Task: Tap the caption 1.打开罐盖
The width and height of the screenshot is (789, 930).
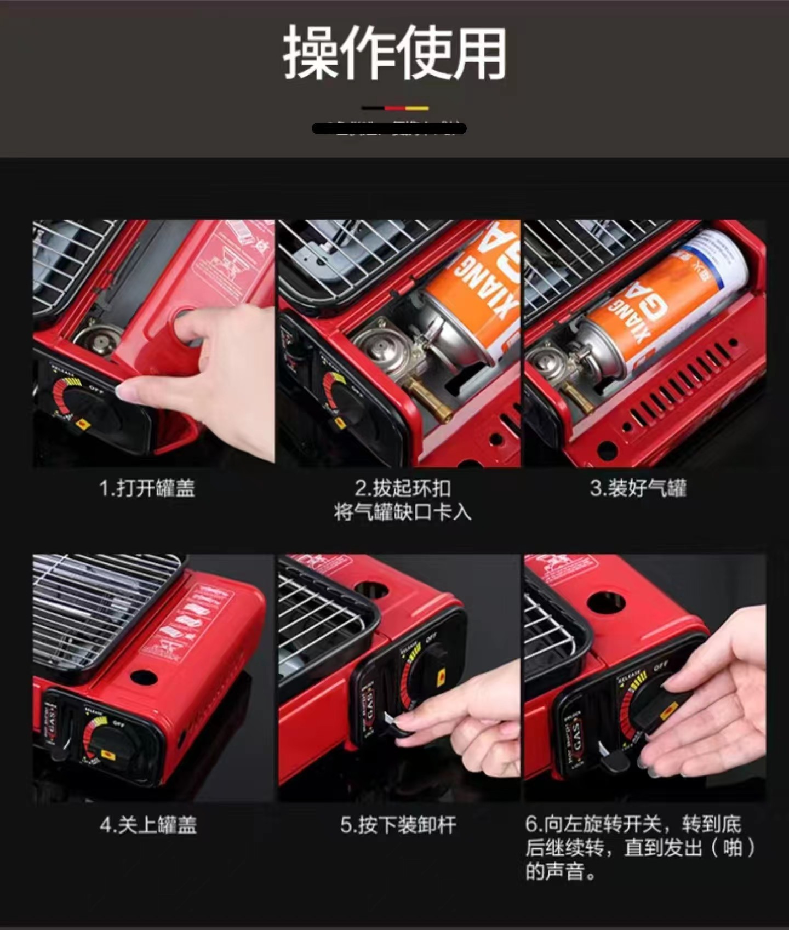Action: pos(147,488)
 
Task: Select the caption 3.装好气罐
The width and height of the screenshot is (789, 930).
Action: pos(638,488)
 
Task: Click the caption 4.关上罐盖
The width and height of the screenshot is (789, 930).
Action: pos(148,825)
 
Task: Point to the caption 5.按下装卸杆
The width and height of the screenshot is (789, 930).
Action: pos(398,825)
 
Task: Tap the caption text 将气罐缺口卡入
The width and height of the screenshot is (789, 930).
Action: pos(402,513)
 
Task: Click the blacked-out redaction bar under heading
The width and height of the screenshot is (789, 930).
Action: pos(389,129)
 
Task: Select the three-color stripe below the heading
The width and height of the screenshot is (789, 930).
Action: pos(395,108)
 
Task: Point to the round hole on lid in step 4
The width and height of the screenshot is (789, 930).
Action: pos(144,677)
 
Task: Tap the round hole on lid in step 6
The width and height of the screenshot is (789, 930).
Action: pos(606,603)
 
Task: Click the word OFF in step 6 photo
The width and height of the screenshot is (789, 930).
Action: pos(661,667)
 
